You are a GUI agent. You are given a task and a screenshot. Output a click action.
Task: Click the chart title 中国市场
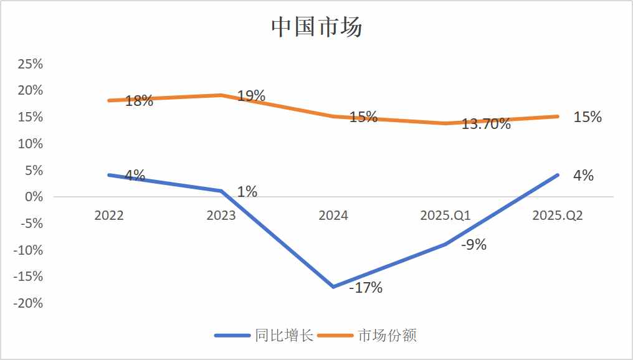point(316,27)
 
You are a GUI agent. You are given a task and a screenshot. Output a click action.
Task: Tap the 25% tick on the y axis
point(30,64)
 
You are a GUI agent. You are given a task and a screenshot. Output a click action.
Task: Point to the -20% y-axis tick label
point(28,303)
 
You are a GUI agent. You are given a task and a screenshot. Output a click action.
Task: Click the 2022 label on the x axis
point(109,216)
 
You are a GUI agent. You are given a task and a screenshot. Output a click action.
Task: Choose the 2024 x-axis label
point(333,216)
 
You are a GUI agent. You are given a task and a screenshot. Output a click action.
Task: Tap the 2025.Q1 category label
point(445,216)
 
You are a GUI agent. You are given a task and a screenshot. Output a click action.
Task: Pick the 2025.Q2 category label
point(558,216)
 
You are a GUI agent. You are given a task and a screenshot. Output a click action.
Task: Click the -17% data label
point(366,288)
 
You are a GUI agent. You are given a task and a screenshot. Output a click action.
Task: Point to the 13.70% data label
point(486,124)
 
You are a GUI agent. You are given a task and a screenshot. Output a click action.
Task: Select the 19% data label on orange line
point(251,96)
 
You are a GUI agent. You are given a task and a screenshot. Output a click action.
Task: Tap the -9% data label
point(474,245)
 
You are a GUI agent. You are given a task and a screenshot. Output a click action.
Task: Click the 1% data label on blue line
point(247,192)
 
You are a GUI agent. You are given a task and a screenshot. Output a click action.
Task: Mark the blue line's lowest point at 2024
point(333,287)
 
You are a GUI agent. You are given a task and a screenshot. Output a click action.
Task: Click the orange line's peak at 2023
point(221,95)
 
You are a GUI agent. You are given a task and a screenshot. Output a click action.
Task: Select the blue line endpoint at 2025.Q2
point(558,175)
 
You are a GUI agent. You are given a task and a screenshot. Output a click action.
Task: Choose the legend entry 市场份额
point(386,335)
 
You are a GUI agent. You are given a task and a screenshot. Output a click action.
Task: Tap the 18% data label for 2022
point(139,101)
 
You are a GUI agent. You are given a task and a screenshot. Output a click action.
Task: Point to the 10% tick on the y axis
point(30,144)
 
